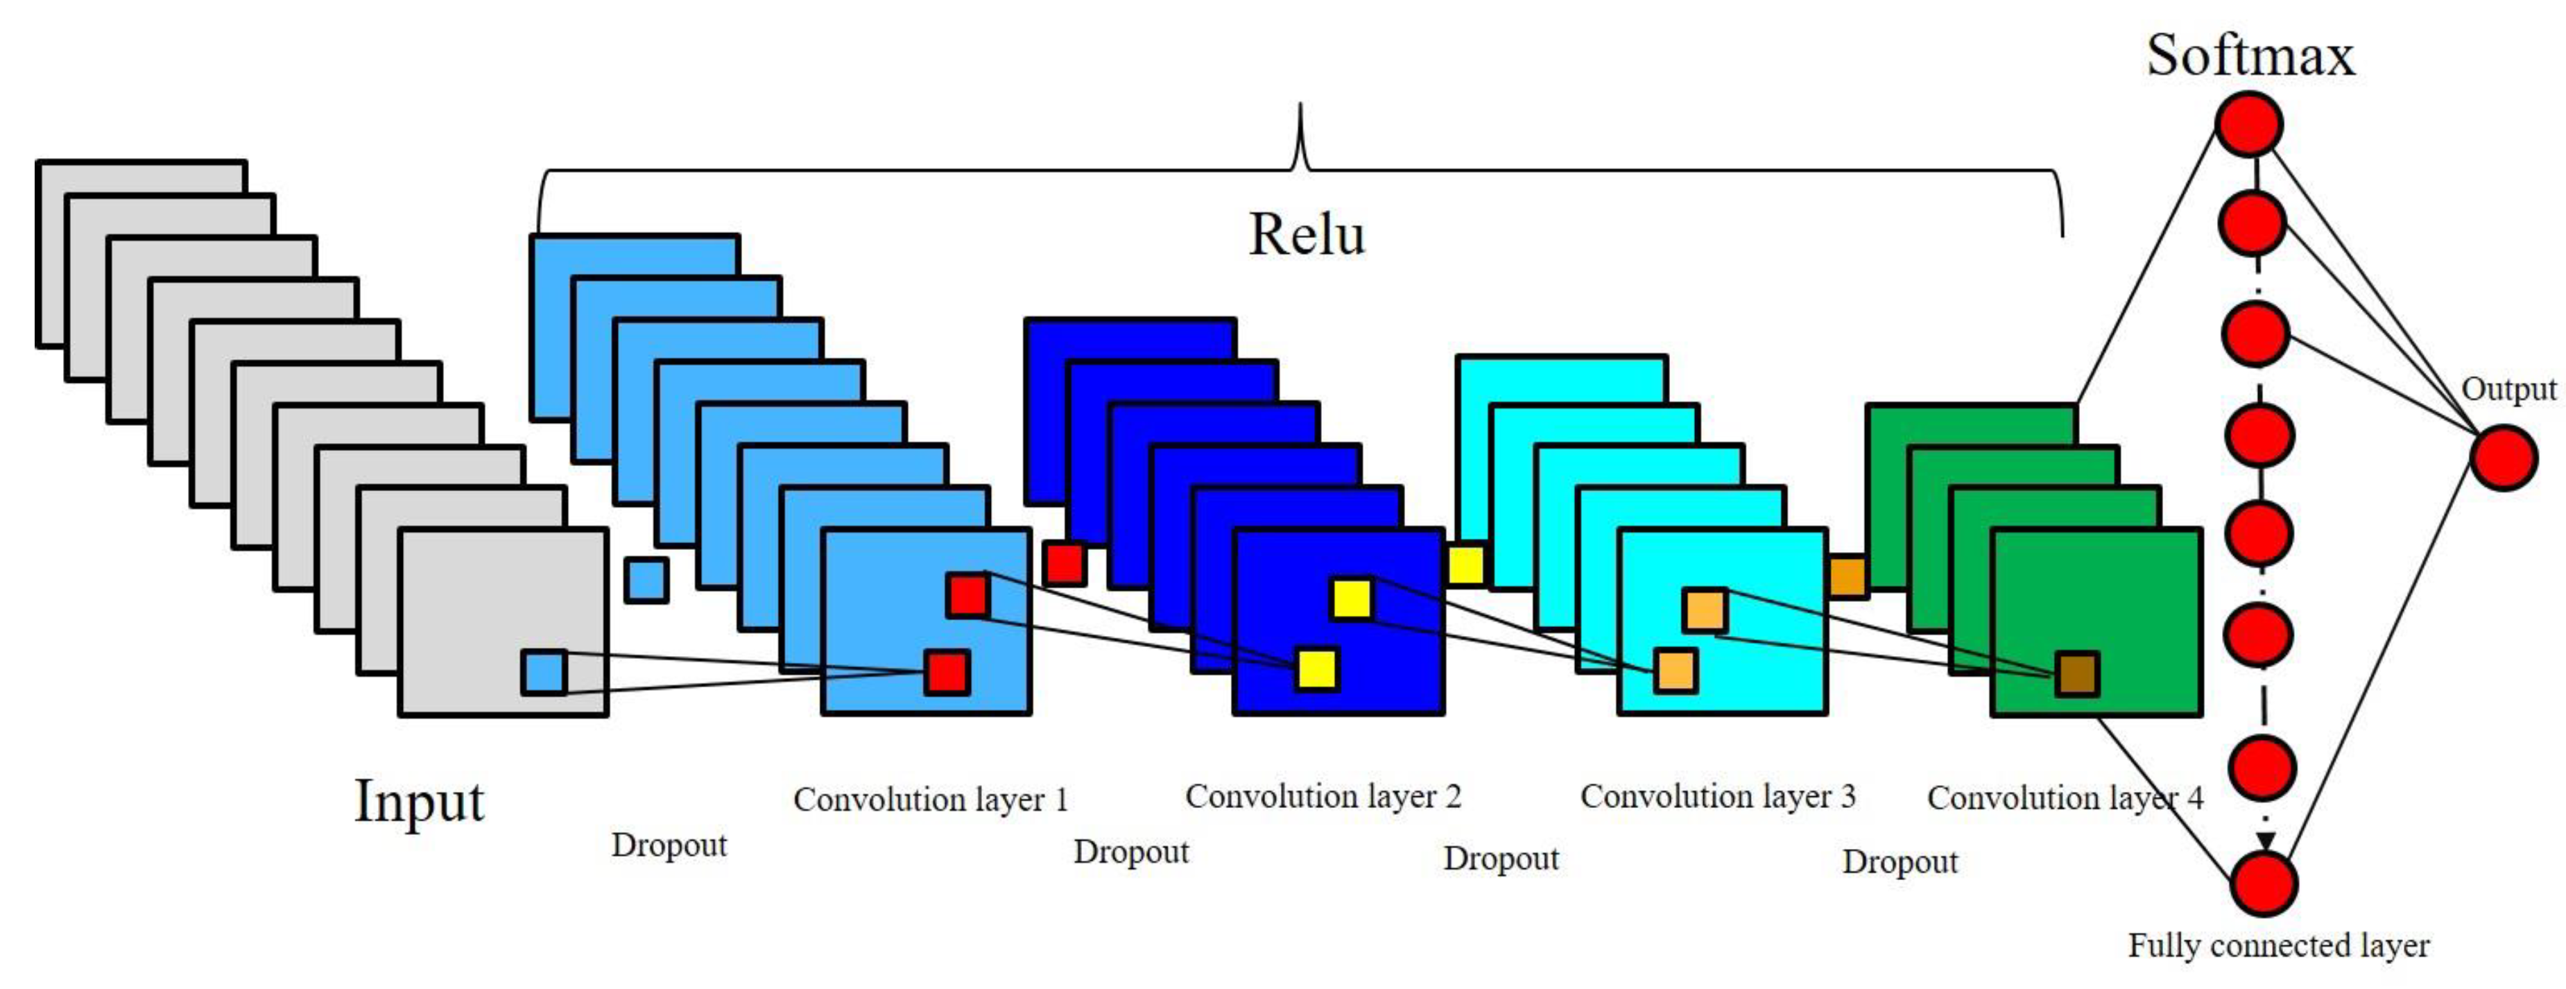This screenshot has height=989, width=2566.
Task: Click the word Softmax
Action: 2249,55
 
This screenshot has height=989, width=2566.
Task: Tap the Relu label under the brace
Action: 1306,235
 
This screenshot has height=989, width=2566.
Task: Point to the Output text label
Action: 2508,388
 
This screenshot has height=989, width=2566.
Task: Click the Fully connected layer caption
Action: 2278,945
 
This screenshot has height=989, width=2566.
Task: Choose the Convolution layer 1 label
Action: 931,799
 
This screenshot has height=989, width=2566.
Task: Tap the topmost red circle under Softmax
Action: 2248,125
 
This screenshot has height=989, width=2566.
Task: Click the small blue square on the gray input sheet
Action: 544,672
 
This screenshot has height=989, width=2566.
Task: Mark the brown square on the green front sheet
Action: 2077,674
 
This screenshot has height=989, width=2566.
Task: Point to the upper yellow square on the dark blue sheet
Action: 1352,599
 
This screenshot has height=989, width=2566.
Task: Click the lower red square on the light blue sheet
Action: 947,672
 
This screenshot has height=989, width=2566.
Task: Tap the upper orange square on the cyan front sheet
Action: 1705,610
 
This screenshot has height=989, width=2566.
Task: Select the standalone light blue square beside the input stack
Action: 646,580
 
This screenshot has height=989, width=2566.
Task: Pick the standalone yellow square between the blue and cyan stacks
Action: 1465,565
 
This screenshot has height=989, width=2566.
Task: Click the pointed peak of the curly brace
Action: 1300,108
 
